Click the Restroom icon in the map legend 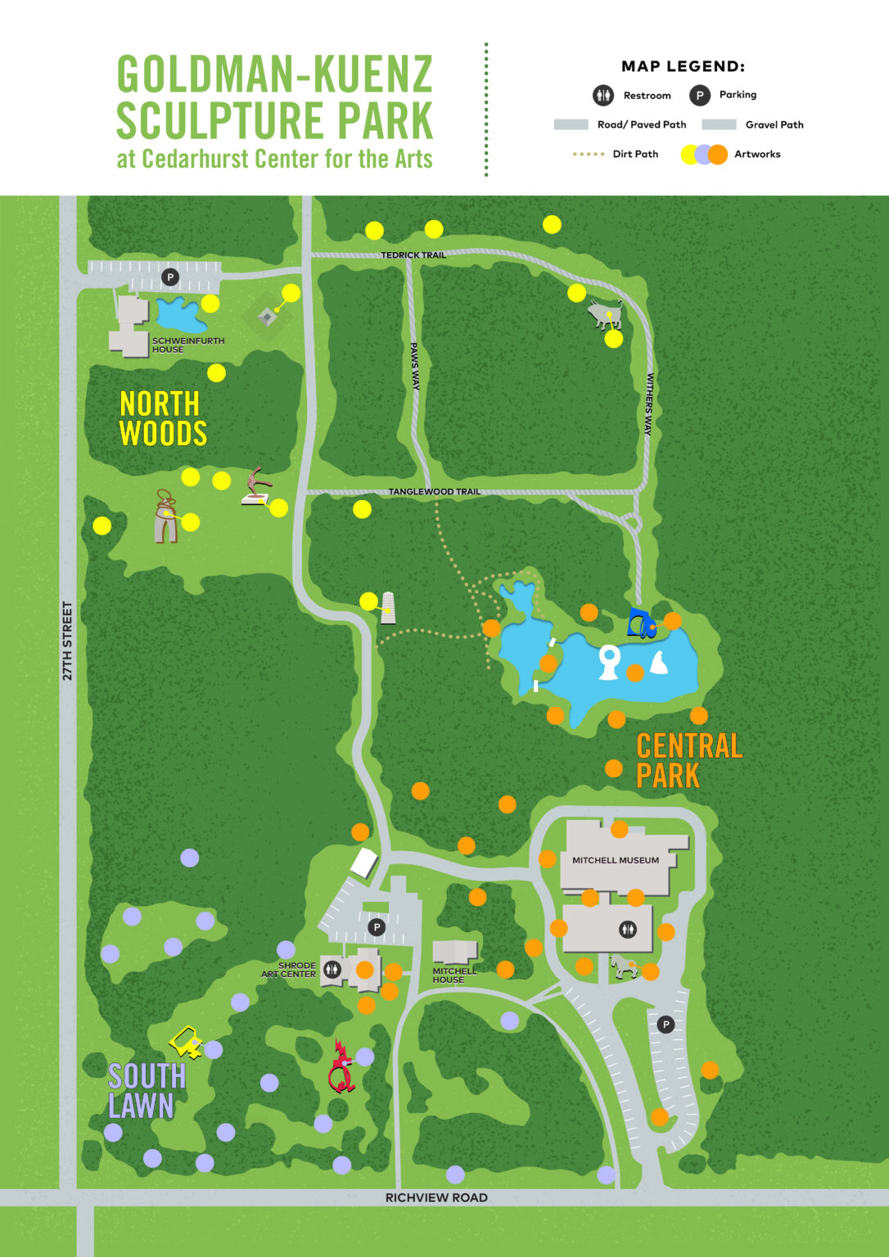click(603, 95)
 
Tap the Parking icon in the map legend click(699, 95)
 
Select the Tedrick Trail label click(413, 255)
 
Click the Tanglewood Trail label click(434, 492)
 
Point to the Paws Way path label click(415, 366)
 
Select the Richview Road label click(436, 1197)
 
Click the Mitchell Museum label click(615, 860)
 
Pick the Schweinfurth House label click(187, 345)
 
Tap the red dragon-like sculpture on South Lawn click(341, 1067)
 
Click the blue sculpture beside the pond click(640, 624)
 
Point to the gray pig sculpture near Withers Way click(604, 314)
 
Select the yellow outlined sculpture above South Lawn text click(186, 1042)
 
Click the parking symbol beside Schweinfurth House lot click(170, 277)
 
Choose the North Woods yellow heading click(162, 418)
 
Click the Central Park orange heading click(688, 760)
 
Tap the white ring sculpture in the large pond click(608, 661)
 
